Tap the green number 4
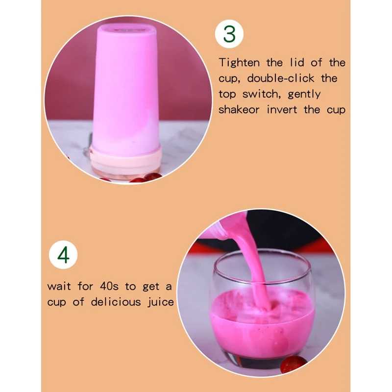[64, 256]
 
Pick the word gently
[304, 94]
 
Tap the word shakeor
[240, 110]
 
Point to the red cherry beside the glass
[294, 364]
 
